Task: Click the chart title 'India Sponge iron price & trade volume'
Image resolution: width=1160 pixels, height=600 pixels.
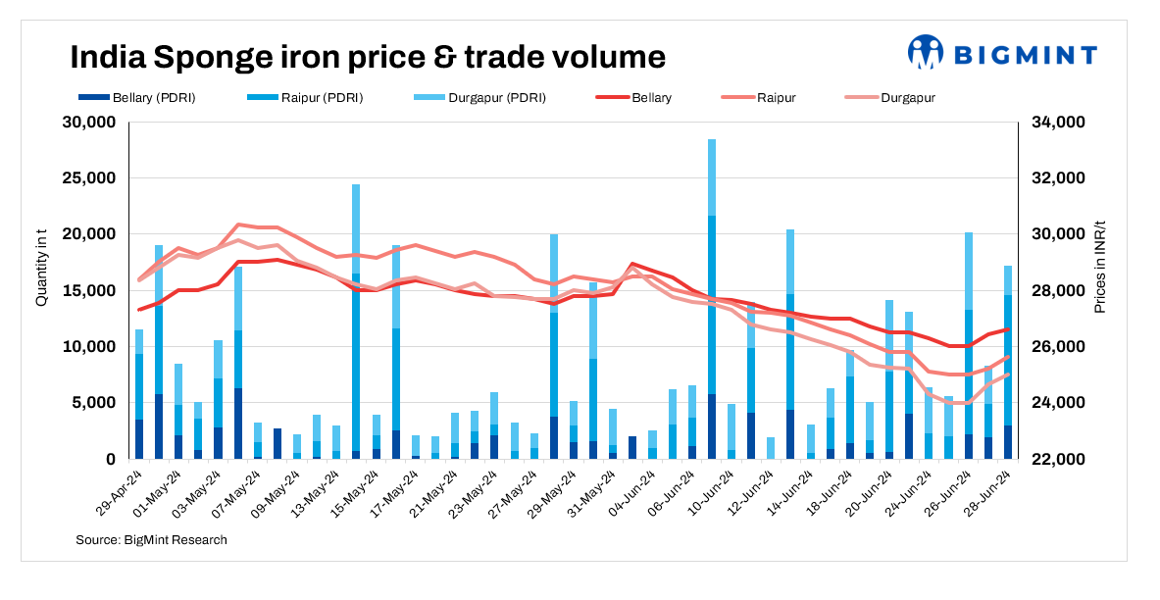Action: coord(368,57)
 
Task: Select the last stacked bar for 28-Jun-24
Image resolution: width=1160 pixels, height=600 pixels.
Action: coord(1008,363)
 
